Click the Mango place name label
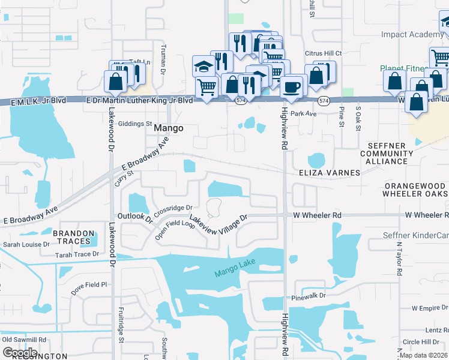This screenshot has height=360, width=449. coord(168,128)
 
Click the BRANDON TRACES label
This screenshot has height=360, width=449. coord(74,238)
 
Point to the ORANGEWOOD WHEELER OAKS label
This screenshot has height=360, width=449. coord(415,190)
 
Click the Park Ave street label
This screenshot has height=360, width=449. coord(303,113)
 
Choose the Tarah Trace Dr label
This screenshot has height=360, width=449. coord(77,254)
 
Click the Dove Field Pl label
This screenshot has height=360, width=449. coord(88,285)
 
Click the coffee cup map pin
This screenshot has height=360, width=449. coord(292,86)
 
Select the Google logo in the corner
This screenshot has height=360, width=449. coord(20,352)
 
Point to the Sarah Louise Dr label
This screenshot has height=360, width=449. coord(26,245)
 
